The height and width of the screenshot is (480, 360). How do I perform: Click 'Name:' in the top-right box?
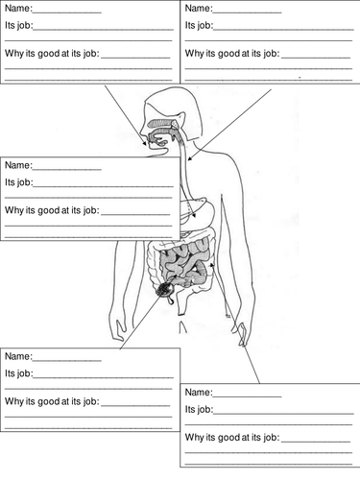199,11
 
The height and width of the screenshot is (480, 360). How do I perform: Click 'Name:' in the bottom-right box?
199,392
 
